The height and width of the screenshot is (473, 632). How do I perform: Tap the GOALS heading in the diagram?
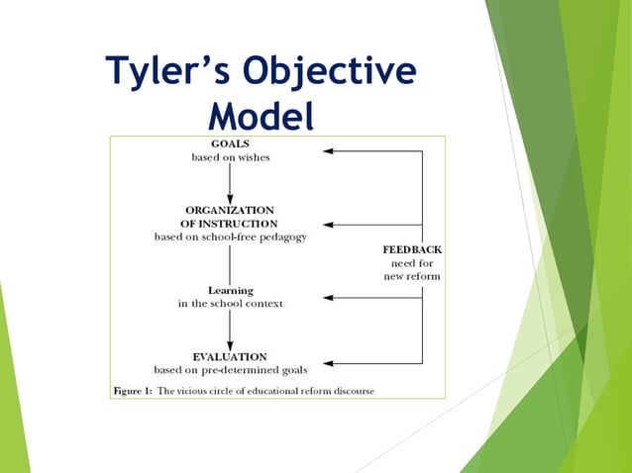[x=230, y=143]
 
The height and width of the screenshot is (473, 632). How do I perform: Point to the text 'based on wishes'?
[x=230, y=157]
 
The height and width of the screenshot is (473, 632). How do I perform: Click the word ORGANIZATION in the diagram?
[x=230, y=210]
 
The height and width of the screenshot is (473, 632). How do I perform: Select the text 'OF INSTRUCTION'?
[x=230, y=224]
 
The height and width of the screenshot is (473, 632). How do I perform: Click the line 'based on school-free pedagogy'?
[x=230, y=237]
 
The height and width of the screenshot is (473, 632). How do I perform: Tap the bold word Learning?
[x=230, y=290]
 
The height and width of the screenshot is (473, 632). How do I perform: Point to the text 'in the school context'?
[x=230, y=304]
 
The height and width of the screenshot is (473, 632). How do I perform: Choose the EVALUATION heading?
[x=230, y=356]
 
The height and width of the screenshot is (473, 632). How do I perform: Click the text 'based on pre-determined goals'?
[x=230, y=370]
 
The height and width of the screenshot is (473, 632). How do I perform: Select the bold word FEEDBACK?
[x=412, y=249]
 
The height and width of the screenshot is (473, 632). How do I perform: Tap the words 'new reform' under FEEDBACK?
[x=412, y=276]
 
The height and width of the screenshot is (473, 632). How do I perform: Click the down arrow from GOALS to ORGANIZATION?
[x=230, y=183]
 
